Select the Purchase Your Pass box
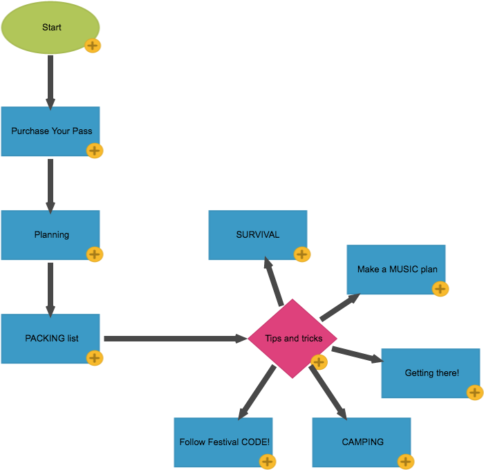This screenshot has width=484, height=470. [x=50, y=131]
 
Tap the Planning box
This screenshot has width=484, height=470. [x=50, y=235]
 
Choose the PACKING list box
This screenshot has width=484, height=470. [x=50, y=339]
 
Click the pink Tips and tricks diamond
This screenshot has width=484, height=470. [x=292, y=339]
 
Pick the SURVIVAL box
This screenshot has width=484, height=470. [x=257, y=235]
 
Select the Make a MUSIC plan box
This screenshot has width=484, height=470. [x=395, y=270]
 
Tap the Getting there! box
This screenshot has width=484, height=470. [x=430, y=373]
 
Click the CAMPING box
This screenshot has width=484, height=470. [x=361, y=442]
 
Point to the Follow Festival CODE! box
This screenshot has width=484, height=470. [x=223, y=442]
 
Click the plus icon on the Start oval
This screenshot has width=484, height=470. [x=93, y=46]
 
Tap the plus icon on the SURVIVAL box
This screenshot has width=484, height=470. [x=302, y=254]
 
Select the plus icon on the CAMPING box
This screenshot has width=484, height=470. [x=406, y=462]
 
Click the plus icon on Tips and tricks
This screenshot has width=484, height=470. [x=319, y=362]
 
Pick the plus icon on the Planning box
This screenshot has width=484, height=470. [x=95, y=254]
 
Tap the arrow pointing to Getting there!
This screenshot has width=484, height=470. [x=356, y=355]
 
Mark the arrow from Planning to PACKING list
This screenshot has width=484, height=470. [x=50, y=288]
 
